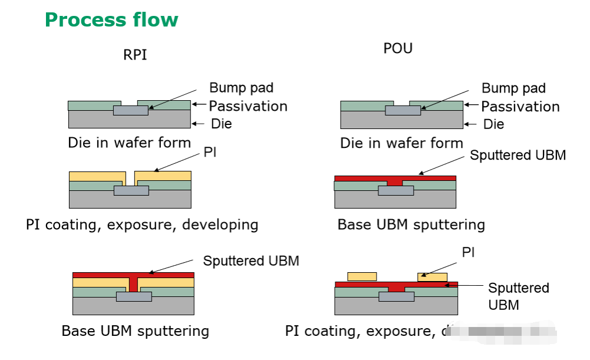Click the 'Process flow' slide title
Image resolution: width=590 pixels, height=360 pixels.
click(x=111, y=20)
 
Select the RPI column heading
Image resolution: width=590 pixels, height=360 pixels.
click(x=135, y=55)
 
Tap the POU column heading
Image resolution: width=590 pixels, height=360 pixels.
click(x=398, y=48)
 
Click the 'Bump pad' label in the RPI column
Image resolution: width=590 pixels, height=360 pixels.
click(x=242, y=88)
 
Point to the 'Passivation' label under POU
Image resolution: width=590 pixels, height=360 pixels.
click(x=520, y=107)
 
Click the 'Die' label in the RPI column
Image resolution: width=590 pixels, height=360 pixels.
click(x=222, y=124)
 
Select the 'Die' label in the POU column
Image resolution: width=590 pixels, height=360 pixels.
click(x=494, y=124)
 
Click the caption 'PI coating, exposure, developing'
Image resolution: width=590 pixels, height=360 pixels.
click(x=142, y=224)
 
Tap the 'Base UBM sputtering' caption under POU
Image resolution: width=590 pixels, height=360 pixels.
click(x=411, y=224)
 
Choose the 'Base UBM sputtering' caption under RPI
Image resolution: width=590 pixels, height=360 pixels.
click(x=135, y=331)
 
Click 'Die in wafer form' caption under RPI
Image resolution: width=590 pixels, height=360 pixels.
click(x=129, y=143)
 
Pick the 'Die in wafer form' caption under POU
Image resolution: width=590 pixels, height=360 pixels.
click(x=401, y=143)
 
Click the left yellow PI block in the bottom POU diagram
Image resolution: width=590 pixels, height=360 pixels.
click(x=362, y=276)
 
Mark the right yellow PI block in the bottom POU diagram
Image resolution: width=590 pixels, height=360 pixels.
click(x=432, y=276)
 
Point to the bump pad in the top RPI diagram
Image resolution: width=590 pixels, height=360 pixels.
click(x=131, y=110)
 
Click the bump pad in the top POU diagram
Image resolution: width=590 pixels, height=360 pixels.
click(x=403, y=110)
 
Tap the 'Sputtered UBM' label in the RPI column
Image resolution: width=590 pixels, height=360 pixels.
click(x=251, y=260)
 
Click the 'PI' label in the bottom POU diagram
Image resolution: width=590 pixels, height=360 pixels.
click(x=468, y=253)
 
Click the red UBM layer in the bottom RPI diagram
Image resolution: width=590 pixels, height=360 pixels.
click(x=133, y=275)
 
